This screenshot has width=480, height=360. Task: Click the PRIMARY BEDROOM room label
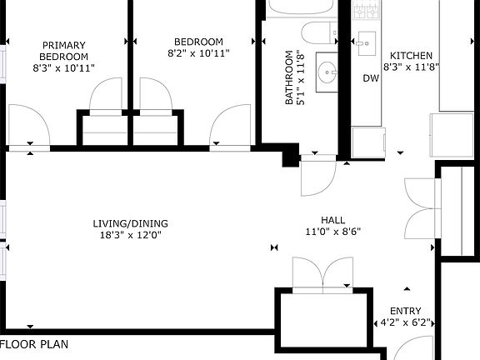tap(63, 51)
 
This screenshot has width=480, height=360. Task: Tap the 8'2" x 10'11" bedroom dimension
tap(198, 53)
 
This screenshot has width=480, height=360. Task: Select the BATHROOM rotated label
tap(289, 77)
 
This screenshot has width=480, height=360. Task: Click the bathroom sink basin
tap(327, 72)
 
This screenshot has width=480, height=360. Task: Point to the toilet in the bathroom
tap(319, 32)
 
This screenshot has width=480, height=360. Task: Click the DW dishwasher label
tap(371, 78)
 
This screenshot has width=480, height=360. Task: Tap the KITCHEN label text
tap(411, 56)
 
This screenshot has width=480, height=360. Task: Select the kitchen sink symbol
tap(367, 43)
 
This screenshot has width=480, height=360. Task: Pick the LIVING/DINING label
tap(130, 223)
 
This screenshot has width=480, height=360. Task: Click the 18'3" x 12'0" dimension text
tap(130, 235)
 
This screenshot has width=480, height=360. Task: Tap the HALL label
tap(333, 220)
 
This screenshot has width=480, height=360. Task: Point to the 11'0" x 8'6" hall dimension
tap(333, 232)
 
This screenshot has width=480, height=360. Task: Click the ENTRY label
tap(406, 311)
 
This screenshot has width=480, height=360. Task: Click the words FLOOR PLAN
tap(34, 344)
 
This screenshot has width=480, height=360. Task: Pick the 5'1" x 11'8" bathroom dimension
tap(301, 77)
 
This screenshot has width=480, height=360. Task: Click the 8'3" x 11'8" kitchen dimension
tap(411, 67)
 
